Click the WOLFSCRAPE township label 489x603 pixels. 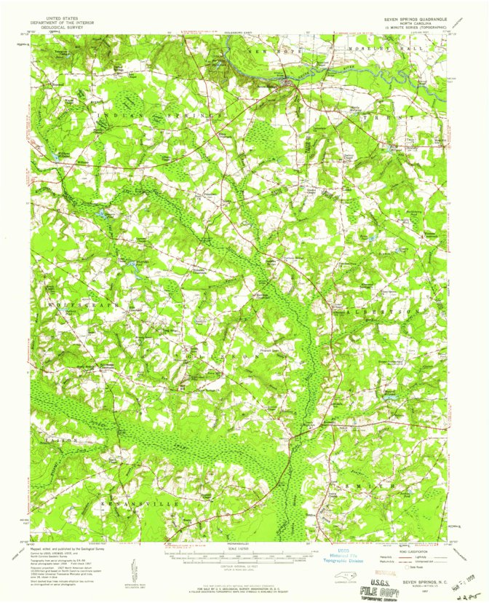click(73, 296)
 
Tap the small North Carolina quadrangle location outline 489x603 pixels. click(335, 578)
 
